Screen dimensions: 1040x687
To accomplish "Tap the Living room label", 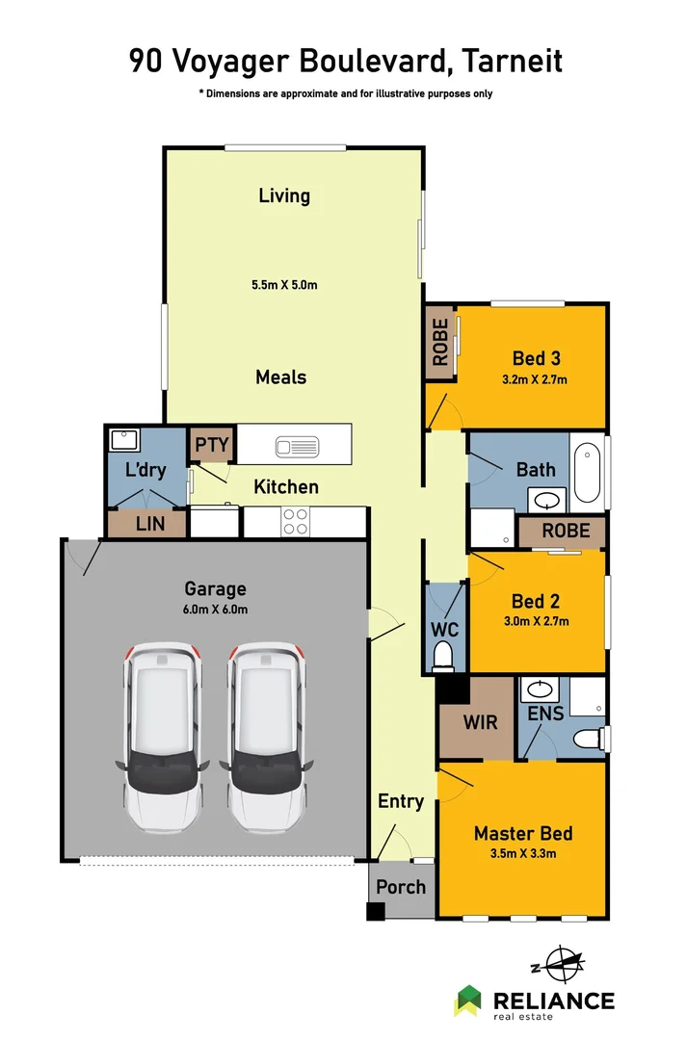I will pyautogui.click(x=284, y=195).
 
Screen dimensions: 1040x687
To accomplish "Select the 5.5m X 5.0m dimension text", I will pyautogui.click(x=284, y=285).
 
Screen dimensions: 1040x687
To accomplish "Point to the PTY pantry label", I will pyautogui.click(x=211, y=445).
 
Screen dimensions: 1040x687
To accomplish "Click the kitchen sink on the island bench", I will pyautogui.click(x=296, y=446).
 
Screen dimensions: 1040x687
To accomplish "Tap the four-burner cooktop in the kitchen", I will pyautogui.click(x=295, y=521).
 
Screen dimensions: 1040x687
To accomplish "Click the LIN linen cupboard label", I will pyautogui.click(x=148, y=524).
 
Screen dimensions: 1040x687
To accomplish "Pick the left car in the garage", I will pyautogui.click(x=162, y=737).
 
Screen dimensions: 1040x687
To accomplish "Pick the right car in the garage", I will pyautogui.click(x=265, y=737).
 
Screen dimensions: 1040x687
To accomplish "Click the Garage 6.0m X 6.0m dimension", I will pyautogui.click(x=216, y=610).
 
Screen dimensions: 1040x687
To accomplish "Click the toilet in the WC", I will pyautogui.click(x=443, y=656).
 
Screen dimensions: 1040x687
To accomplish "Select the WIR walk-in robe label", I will pyautogui.click(x=480, y=720).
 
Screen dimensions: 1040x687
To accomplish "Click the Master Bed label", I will pyautogui.click(x=522, y=833).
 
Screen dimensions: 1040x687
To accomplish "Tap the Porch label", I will pyautogui.click(x=401, y=886).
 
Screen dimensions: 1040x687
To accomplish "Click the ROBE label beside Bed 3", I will pyautogui.click(x=440, y=342).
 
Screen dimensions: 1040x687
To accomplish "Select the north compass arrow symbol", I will pyautogui.click(x=560, y=961).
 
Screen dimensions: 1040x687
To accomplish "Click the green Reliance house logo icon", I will pyautogui.click(x=468, y=1001).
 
